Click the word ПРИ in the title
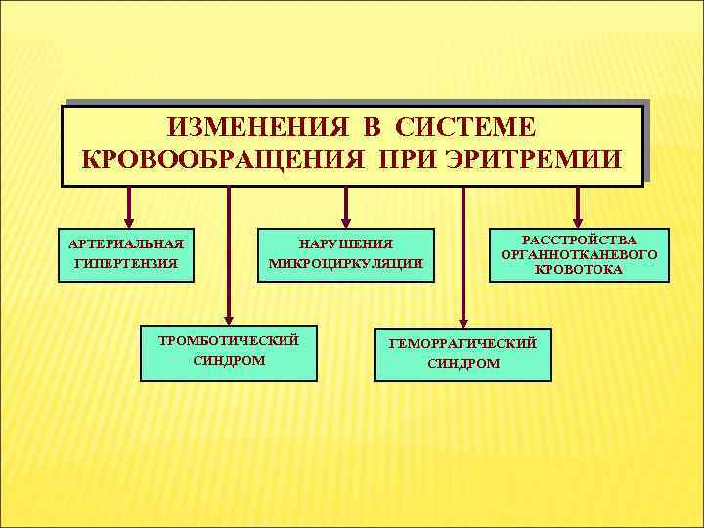[x=396, y=158]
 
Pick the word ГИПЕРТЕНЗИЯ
[x=126, y=262]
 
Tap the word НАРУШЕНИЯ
[x=345, y=243]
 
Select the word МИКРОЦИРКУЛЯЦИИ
[x=345, y=263]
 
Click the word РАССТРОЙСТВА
[x=579, y=240]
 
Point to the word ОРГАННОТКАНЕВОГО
[x=579, y=254]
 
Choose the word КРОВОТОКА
[x=579, y=269]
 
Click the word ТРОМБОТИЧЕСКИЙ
[x=229, y=340]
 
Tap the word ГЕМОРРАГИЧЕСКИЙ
[x=462, y=343]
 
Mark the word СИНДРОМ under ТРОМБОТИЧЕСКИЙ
[x=229, y=360]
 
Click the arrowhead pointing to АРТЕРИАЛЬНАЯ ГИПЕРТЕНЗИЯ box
[x=127, y=221]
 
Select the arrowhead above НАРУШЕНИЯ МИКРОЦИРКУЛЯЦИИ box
[x=345, y=221]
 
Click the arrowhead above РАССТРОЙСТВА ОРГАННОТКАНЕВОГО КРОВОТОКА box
[x=579, y=221]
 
